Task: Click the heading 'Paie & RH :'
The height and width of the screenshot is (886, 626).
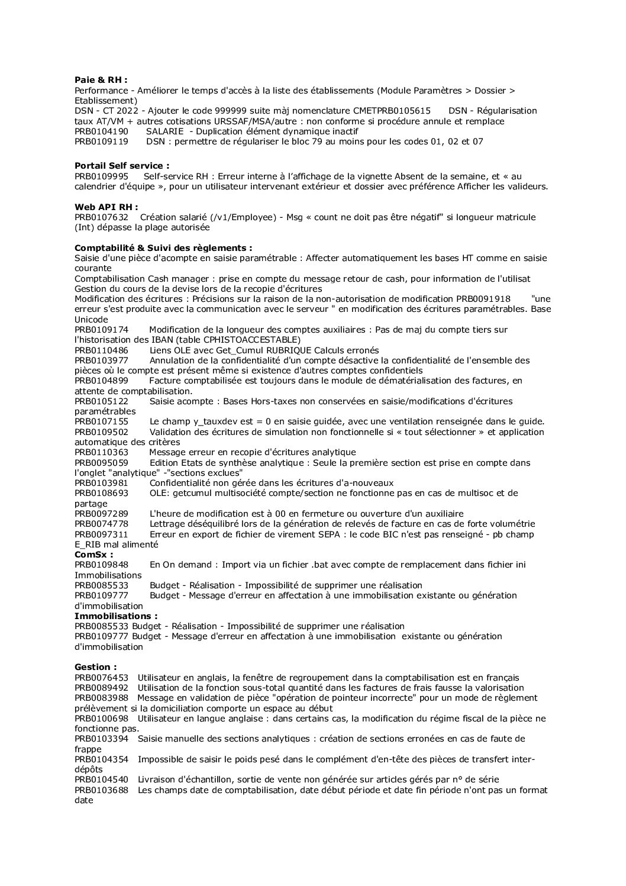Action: (x=101, y=80)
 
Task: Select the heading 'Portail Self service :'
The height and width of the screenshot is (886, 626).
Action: (x=122, y=166)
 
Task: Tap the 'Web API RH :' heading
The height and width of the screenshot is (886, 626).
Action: (x=107, y=207)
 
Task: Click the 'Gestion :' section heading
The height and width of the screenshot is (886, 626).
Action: (x=96, y=667)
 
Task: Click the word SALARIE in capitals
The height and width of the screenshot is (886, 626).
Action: (x=166, y=131)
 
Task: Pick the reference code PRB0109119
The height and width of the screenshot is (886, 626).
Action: (x=101, y=141)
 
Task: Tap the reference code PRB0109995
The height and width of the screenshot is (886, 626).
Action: (x=101, y=176)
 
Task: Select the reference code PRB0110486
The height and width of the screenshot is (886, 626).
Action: (x=101, y=350)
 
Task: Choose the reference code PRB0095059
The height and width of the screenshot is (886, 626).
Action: (x=101, y=463)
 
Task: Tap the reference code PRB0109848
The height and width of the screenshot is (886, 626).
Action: (x=101, y=565)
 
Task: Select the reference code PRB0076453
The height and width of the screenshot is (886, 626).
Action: (x=101, y=678)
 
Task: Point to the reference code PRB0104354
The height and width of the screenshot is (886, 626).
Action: (x=101, y=759)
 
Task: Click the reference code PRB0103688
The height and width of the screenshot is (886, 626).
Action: (x=101, y=790)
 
